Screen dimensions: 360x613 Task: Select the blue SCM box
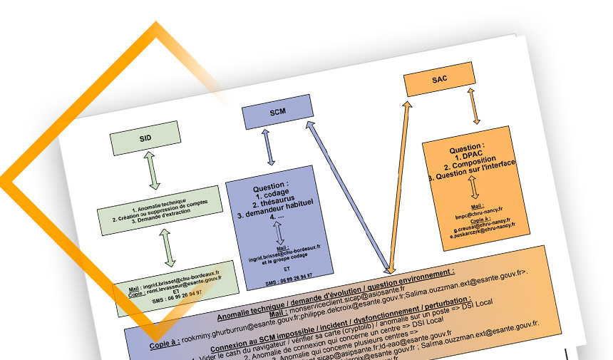coord(277,113)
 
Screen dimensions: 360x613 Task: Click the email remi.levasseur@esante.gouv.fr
coord(175,281)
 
